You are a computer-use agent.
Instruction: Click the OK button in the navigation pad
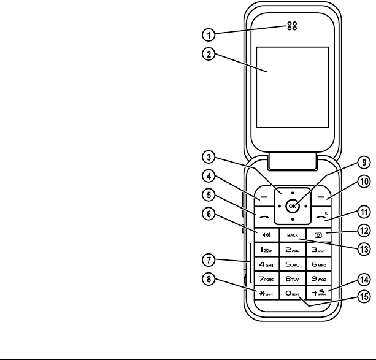293,206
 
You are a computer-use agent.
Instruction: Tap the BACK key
292,234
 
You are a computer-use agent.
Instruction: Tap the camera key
318,234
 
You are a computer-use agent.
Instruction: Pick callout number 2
209,53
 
